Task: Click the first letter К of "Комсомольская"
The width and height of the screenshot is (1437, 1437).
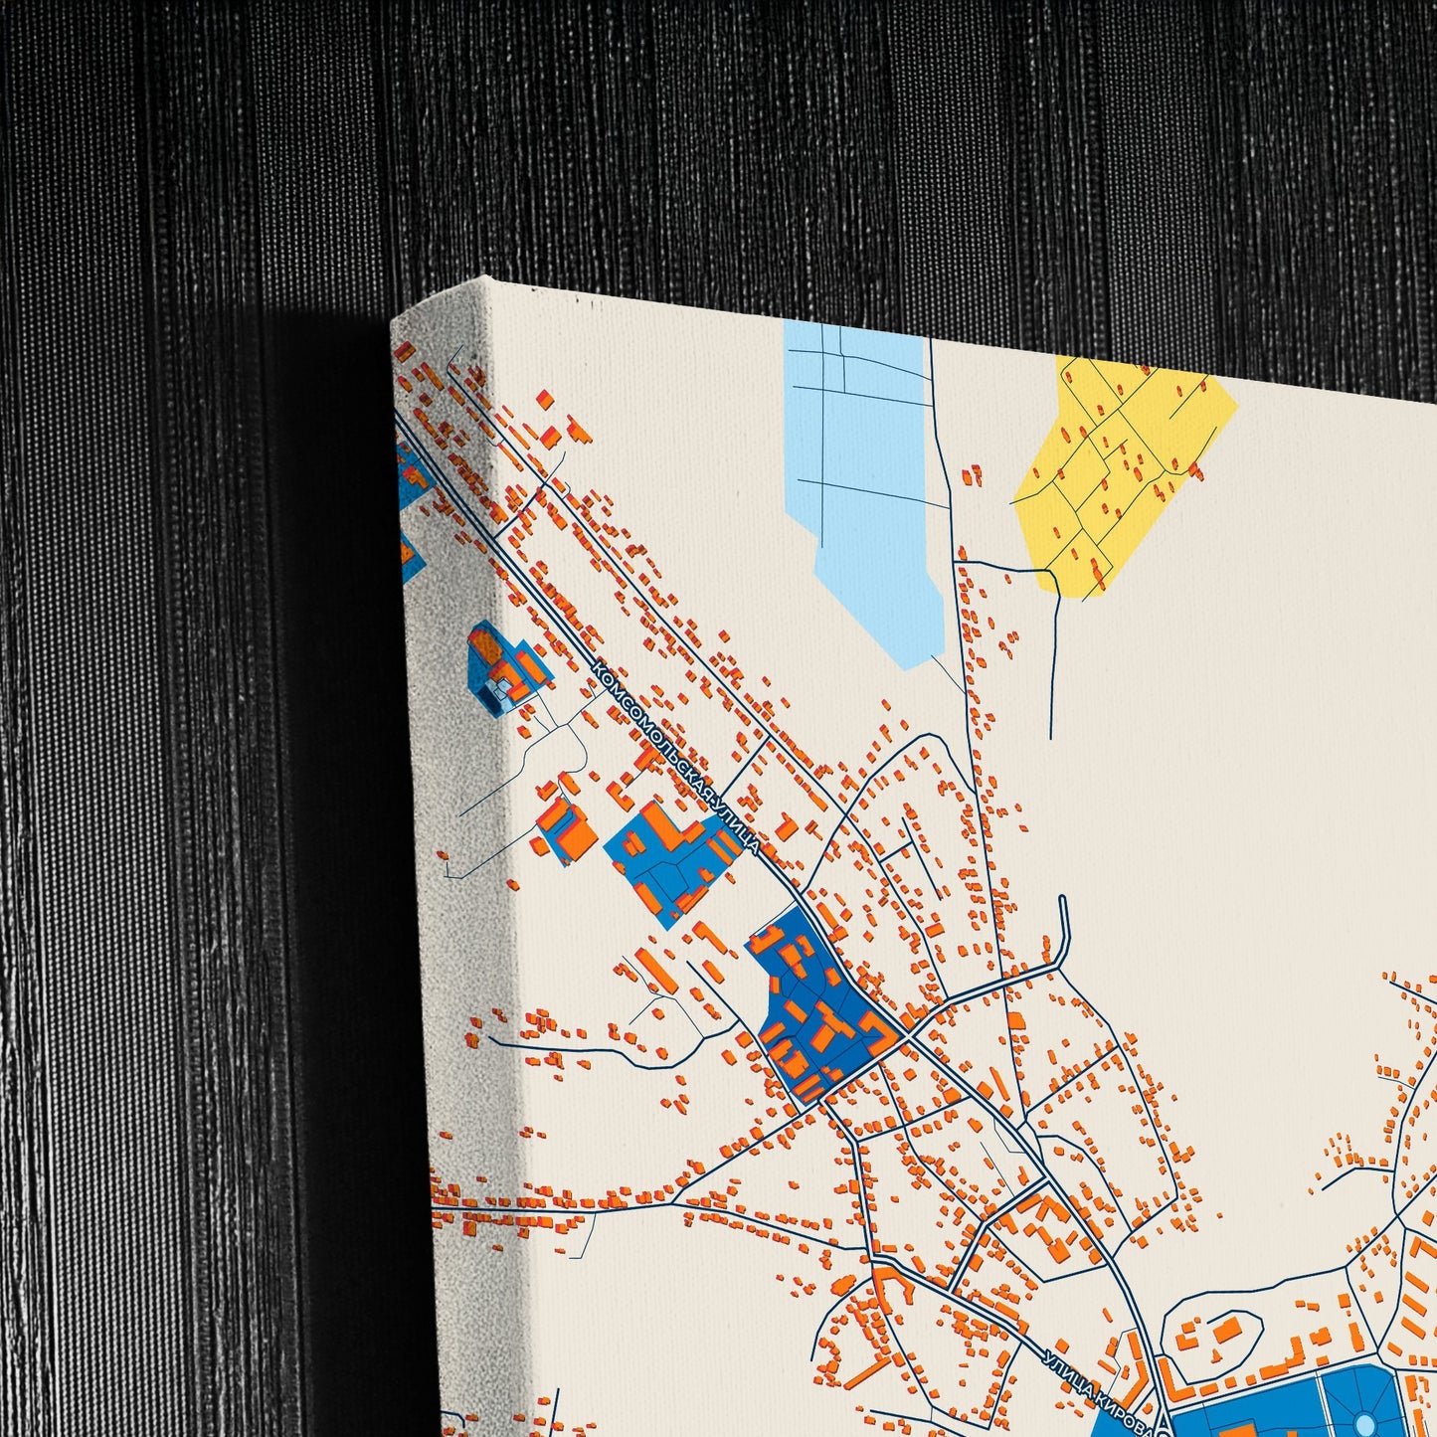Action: click(598, 671)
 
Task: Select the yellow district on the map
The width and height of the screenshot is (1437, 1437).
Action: click(1124, 467)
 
